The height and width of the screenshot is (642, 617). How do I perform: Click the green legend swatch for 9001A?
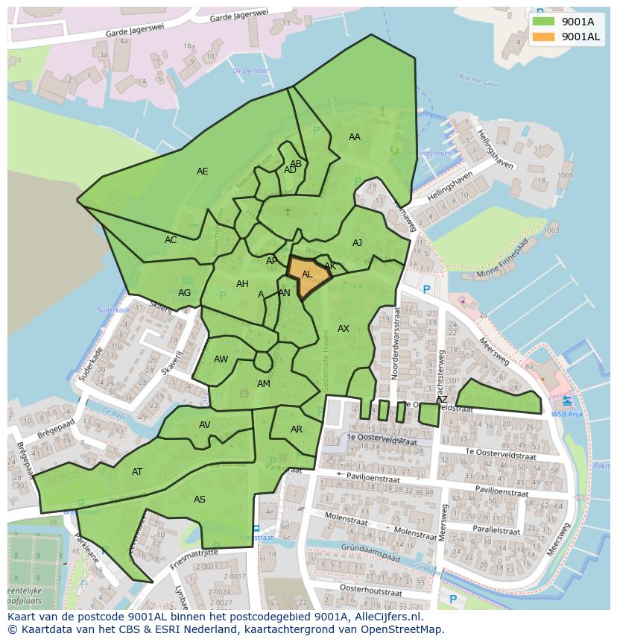(543, 22)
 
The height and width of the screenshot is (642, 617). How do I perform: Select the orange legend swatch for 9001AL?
(543, 37)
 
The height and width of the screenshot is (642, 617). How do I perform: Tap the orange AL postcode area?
(308, 277)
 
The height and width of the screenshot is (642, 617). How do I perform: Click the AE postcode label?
(202, 171)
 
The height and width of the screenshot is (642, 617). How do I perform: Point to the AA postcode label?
(355, 137)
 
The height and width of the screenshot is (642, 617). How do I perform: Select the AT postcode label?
(137, 472)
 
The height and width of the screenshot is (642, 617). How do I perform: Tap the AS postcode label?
(200, 500)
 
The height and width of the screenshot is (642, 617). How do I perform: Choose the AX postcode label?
(344, 329)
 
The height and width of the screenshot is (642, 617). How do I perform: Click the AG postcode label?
(184, 293)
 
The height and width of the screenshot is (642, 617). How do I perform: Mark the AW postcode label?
(221, 359)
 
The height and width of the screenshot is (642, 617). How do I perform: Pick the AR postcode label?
(297, 429)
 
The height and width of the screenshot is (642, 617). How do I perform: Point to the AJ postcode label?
(358, 243)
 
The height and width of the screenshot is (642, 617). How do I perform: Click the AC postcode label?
(171, 240)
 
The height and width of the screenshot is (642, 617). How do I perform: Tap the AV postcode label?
(205, 425)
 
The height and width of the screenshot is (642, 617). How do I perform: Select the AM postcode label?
(264, 384)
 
